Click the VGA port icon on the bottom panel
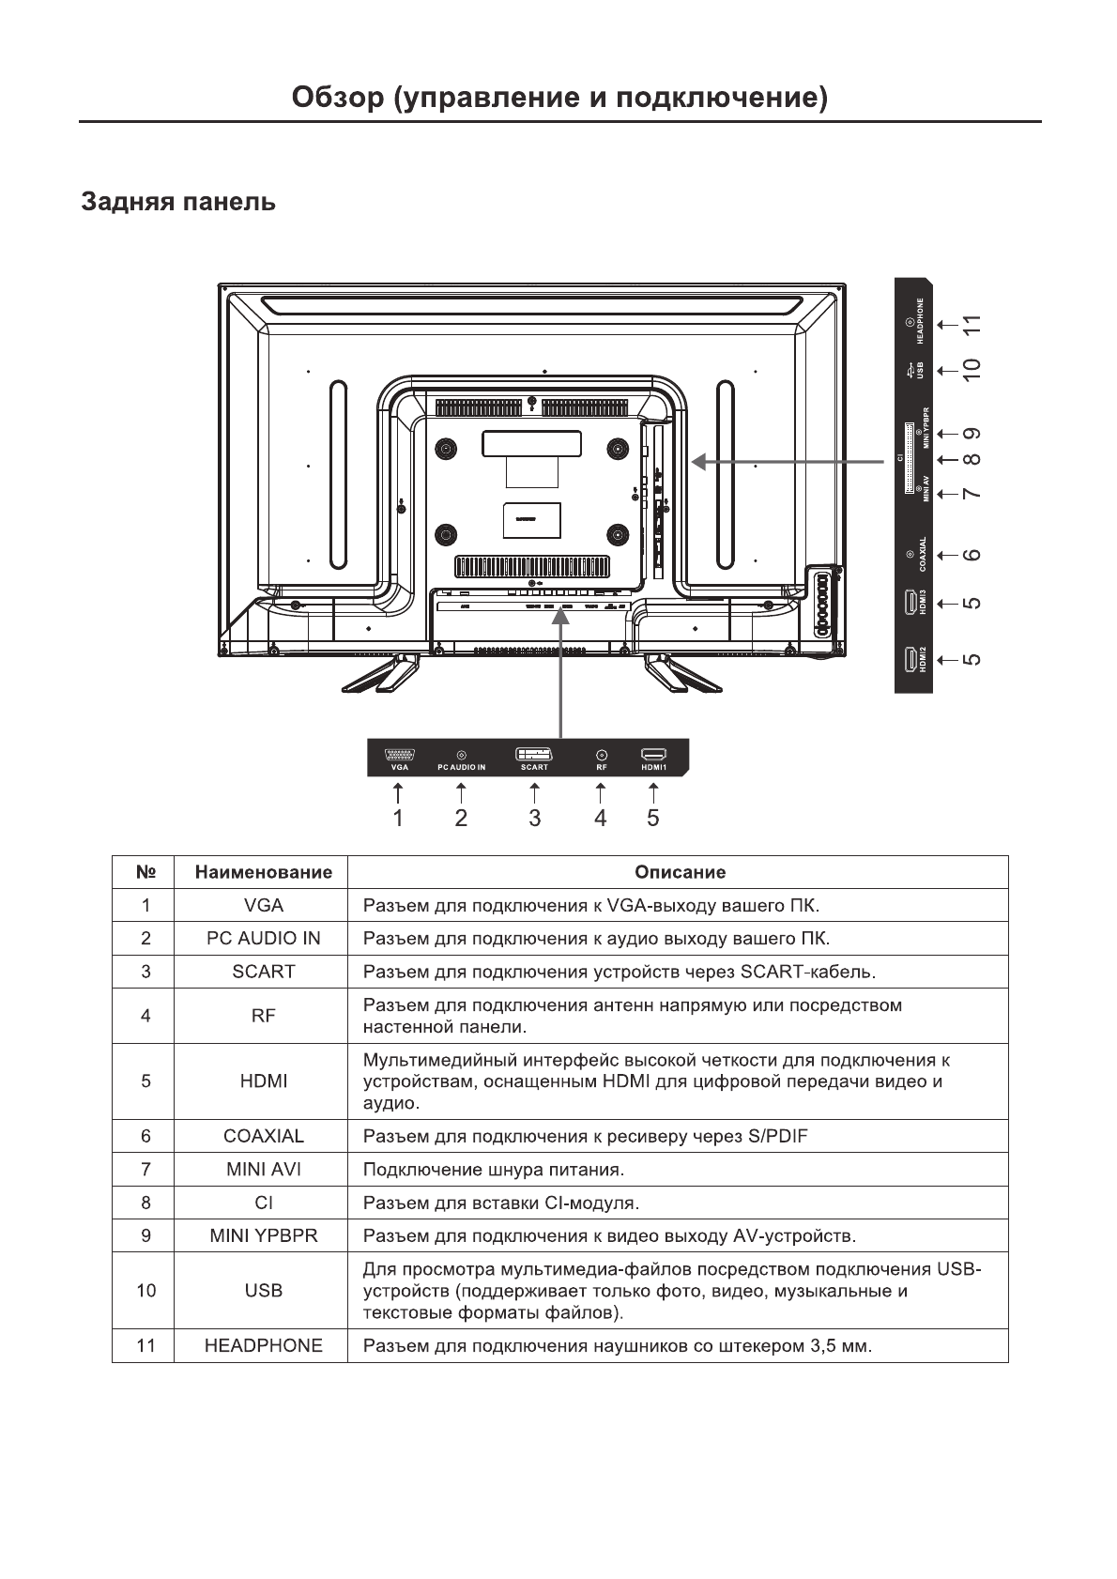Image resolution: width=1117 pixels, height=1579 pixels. coord(400,754)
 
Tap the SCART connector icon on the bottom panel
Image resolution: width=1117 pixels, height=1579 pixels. coord(534,753)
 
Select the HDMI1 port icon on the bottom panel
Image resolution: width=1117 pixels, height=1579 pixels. coord(653,754)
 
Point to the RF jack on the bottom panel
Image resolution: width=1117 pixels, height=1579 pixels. coord(601,754)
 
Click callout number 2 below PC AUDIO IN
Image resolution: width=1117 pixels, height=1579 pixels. coord(461,818)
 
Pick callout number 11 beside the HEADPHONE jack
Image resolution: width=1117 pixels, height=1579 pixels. coord(972,325)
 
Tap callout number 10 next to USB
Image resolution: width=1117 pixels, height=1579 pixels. coord(972,367)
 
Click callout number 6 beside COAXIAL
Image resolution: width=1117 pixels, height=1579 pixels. coord(972,555)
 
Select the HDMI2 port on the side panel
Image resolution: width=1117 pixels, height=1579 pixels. coord(910,660)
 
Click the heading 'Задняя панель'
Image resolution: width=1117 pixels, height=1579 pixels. coord(178,202)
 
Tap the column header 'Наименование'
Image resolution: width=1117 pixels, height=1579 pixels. coord(263,872)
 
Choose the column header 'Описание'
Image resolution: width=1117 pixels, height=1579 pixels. coord(680,872)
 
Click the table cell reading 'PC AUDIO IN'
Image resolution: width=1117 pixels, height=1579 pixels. coord(263,939)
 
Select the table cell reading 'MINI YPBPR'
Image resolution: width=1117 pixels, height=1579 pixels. coord(263,1235)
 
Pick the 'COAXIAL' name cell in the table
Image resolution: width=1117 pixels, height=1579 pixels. coord(263,1136)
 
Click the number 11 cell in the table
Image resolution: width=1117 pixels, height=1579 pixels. coord(145,1345)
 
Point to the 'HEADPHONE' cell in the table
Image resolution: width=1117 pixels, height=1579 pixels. coord(263,1345)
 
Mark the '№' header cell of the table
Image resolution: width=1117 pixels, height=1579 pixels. coord(145,872)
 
